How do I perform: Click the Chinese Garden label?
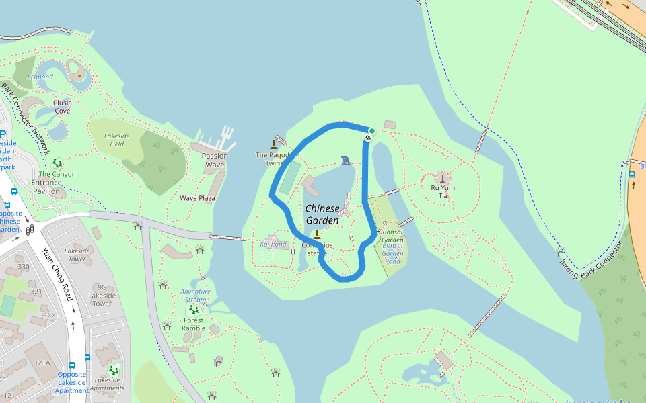pyautogui.click(x=322, y=214)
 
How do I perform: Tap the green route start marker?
pyautogui.click(x=371, y=131)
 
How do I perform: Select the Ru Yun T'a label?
pyautogui.click(x=443, y=192)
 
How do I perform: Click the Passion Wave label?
pyautogui.click(x=215, y=160)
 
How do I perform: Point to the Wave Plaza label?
pyautogui.click(x=197, y=198)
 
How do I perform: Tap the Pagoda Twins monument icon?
pyautogui.click(x=273, y=143)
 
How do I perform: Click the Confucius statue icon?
pyautogui.click(x=316, y=234)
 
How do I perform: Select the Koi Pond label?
pyautogui.click(x=273, y=244)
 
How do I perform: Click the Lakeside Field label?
pyautogui.click(x=117, y=140)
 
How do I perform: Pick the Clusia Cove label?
pyautogui.click(x=63, y=107)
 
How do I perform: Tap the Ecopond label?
pyautogui.click(x=40, y=77)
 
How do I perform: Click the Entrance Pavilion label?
pyautogui.click(x=46, y=187)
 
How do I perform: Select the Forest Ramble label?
pyautogui.click(x=194, y=324)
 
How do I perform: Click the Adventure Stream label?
pyautogui.click(x=195, y=296)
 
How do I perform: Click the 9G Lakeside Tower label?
pyautogui.click(x=102, y=295)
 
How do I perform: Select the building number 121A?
pyautogui.click(x=42, y=363)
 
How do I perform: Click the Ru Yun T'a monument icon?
pyautogui.click(x=443, y=177)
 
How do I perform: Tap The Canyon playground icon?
pyautogui.click(x=57, y=162)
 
